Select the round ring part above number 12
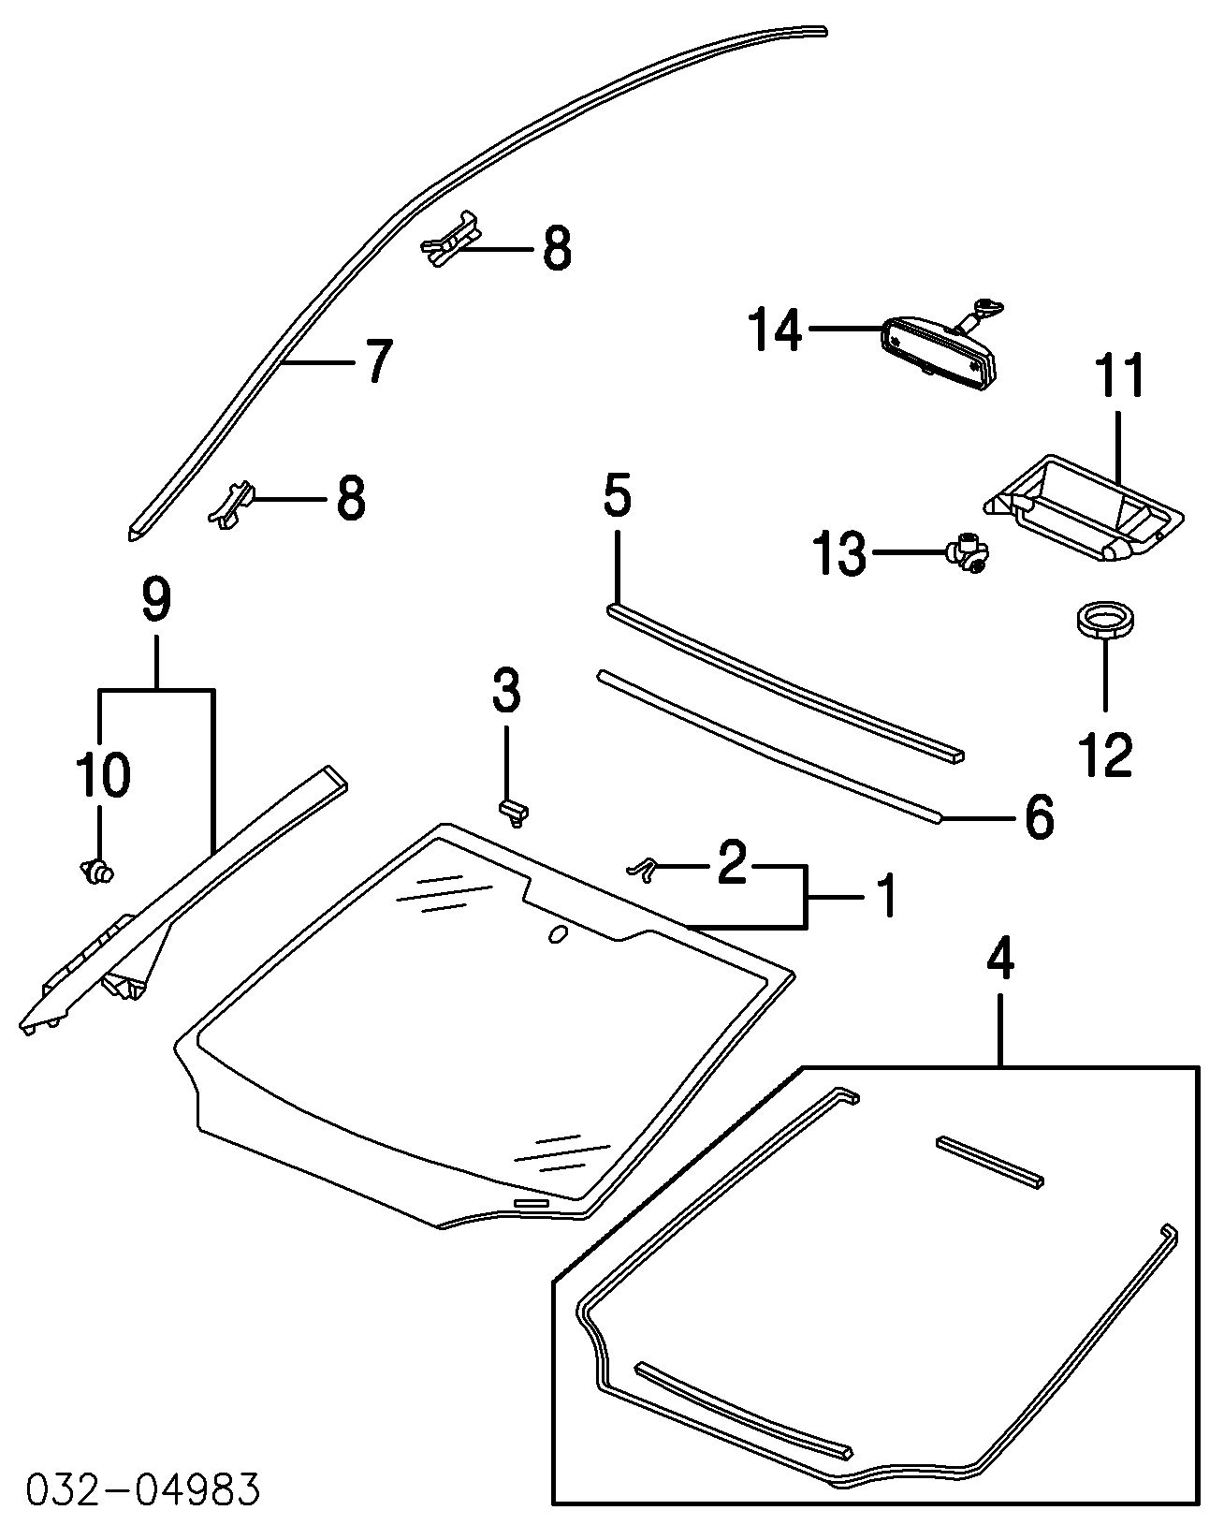pyautogui.click(x=1105, y=622)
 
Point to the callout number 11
pyautogui.click(x=1120, y=375)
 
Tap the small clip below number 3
pyautogui.click(x=513, y=811)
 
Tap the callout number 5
pyautogui.click(x=618, y=495)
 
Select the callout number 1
pyautogui.click(x=885, y=896)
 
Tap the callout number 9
pyautogui.click(x=157, y=600)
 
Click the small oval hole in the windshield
pyautogui.click(x=558, y=933)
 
